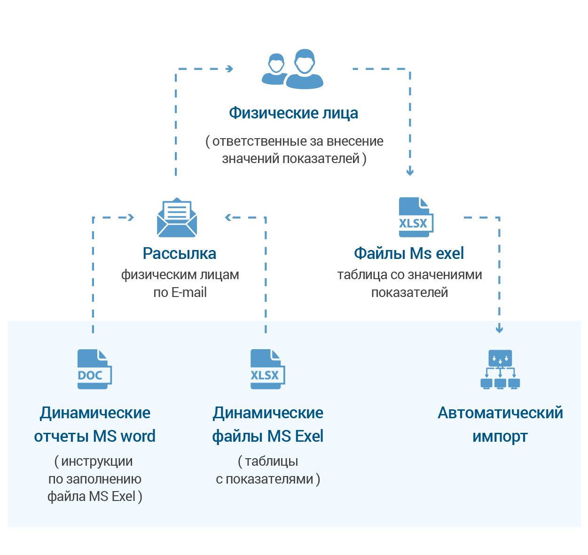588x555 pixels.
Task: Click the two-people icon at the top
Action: [x=293, y=69]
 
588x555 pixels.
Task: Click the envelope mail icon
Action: [x=177, y=218]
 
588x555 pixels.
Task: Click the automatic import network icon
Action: [x=500, y=369]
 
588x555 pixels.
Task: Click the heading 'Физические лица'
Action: [x=293, y=113]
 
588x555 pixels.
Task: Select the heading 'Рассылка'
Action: [x=180, y=254]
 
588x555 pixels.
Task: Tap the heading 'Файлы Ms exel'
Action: [x=409, y=254]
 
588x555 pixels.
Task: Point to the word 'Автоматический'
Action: [x=500, y=413]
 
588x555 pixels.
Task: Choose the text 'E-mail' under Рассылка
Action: [x=189, y=293]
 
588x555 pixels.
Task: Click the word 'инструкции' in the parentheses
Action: [x=97, y=461]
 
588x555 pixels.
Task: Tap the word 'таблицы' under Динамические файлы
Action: [x=271, y=461]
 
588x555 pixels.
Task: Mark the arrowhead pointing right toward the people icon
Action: [x=230, y=69]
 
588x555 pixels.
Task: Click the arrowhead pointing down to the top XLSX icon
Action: [x=410, y=172]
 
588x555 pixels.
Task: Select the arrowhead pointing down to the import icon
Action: [x=499, y=329]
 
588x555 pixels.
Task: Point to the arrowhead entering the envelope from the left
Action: [x=131, y=218]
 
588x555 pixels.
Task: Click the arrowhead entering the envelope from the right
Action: [x=228, y=218]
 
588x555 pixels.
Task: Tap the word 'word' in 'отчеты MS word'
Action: [x=138, y=437]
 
